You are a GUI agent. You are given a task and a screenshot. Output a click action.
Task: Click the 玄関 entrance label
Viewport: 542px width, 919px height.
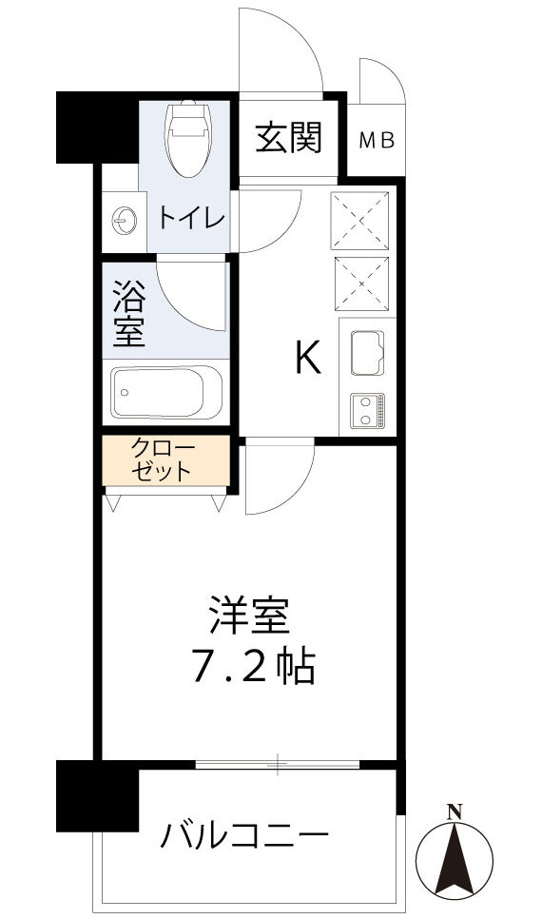click(x=287, y=139)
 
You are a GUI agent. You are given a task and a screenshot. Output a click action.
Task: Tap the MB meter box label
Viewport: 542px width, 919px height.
click(x=377, y=141)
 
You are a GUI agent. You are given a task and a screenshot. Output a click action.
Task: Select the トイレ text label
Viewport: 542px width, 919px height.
click(x=191, y=219)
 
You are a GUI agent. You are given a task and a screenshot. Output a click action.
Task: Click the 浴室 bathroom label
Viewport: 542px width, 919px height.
click(x=128, y=313)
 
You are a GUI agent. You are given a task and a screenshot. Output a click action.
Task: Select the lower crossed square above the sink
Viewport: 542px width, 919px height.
click(x=361, y=283)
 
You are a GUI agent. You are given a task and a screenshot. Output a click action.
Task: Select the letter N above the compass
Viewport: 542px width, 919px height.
click(x=455, y=811)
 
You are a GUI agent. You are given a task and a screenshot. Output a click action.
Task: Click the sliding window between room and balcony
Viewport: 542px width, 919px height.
click(x=278, y=762)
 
